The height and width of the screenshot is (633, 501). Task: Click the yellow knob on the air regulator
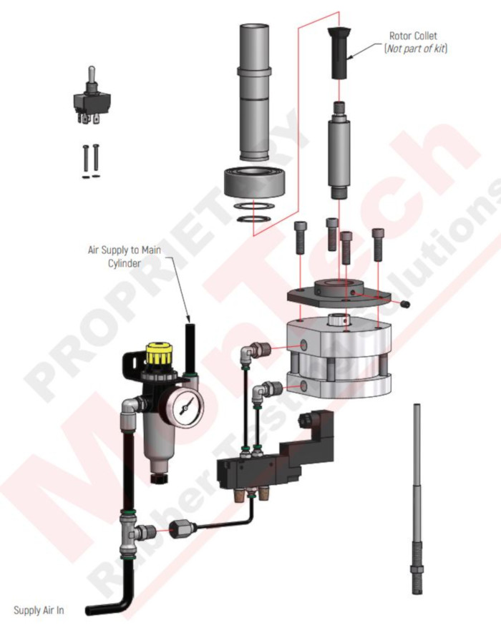(x=158, y=354)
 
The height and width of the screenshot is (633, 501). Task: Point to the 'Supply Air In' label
(x=39, y=610)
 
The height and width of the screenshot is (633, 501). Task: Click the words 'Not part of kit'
(x=416, y=49)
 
